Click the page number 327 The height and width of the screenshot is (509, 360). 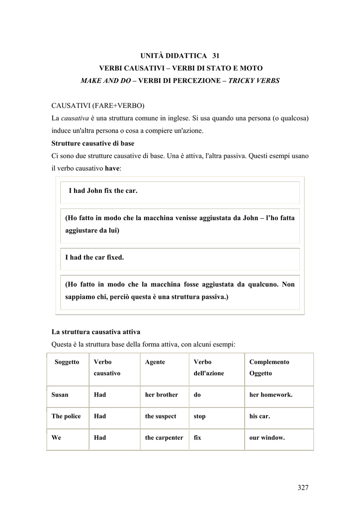click(x=303, y=487)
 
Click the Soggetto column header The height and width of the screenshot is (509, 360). click(x=67, y=362)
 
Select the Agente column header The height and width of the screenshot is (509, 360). click(x=155, y=362)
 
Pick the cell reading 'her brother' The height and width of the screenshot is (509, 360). click(x=161, y=395)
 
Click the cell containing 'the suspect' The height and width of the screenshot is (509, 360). click(x=160, y=416)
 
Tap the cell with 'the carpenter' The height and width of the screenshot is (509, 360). click(x=164, y=438)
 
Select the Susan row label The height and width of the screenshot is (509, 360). click(x=60, y=395)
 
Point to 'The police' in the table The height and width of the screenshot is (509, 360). click(x=66, y=416)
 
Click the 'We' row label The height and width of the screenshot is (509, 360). click(x=56, y=438)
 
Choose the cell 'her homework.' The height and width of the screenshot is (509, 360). click(x=270, y=395)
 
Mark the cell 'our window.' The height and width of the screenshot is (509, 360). click(x=267, y=438)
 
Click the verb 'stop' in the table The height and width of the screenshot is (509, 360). click(x=199, y=416)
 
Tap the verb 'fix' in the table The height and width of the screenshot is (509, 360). click(x=197, y=438)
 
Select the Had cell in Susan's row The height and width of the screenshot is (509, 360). click(x=99, y=395)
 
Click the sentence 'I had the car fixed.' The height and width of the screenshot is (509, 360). click(x=94, y=257)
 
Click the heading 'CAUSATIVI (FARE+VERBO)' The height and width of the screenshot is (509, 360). click(x=98, y=106)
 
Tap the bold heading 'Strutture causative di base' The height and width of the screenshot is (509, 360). click(x=93, y=143)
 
